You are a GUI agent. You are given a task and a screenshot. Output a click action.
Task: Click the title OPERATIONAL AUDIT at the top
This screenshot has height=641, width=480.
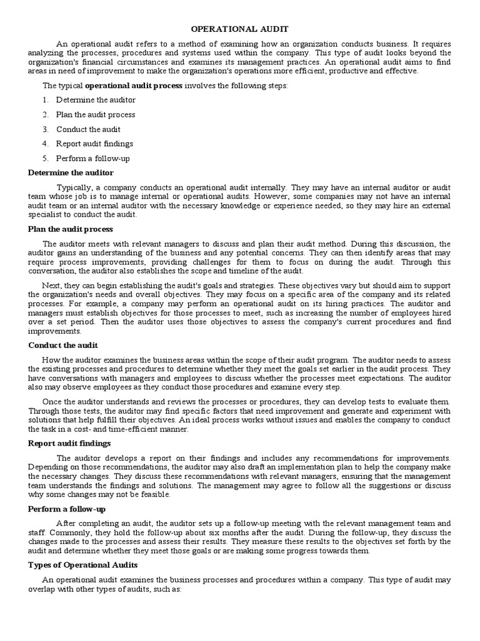[x=240, y=29]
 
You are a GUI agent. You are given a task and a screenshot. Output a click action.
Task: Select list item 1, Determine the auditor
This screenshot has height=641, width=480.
[x=96, y=100]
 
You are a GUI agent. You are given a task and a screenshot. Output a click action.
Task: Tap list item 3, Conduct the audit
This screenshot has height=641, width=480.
[x=88, y=129]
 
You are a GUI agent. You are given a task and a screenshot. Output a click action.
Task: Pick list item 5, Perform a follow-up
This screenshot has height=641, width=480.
[x=92, y=158]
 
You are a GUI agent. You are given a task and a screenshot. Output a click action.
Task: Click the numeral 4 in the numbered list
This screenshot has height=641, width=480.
[x=46, y=143]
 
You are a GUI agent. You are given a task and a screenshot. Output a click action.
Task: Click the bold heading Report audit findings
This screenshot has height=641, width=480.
[x=69, y=443]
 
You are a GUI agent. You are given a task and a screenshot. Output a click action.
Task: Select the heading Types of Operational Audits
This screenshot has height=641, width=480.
[x=84, y=565]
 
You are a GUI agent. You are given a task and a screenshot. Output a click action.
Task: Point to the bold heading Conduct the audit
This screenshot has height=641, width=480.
[x=63, y=345]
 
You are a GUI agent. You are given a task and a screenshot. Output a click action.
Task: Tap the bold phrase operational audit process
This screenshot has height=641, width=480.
[x=134, y=85]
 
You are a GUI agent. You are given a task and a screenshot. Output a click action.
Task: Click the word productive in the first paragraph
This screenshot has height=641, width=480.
[x=350, y=71]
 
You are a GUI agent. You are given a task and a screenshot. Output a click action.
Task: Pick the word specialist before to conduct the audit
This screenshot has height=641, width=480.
[x=46, y=214]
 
